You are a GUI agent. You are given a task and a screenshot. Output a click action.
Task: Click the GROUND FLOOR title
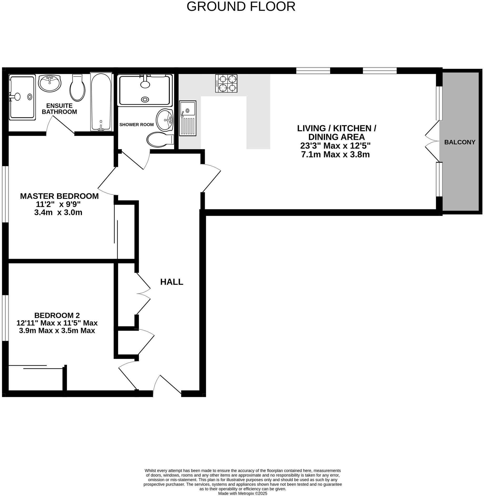pos(241,7)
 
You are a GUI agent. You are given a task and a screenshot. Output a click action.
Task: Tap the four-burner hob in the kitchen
pos(226,83)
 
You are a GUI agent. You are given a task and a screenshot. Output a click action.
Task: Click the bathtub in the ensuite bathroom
pos(101,102)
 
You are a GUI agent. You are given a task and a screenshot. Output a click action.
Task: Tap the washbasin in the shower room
pos(164,120)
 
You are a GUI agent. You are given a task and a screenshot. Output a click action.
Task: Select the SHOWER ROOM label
pos(136,125)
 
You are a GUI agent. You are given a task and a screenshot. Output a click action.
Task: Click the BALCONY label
pos(460,142)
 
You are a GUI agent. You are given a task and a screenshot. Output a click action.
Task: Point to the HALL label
pos(172,282)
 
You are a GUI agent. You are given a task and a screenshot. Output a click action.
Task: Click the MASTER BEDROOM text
pos(59,196)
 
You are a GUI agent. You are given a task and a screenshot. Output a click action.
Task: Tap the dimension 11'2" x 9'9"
pos(58,204)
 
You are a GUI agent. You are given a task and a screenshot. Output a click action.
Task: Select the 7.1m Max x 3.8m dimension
pos(335,154)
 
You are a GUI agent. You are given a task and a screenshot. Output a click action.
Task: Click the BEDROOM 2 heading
pos(57,315)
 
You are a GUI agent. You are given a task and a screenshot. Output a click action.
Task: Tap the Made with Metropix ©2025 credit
pos(242,493)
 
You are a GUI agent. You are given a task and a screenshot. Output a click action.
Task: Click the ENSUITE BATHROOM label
pos(59,109)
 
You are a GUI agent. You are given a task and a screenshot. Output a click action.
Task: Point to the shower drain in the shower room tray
pos(144,99)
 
